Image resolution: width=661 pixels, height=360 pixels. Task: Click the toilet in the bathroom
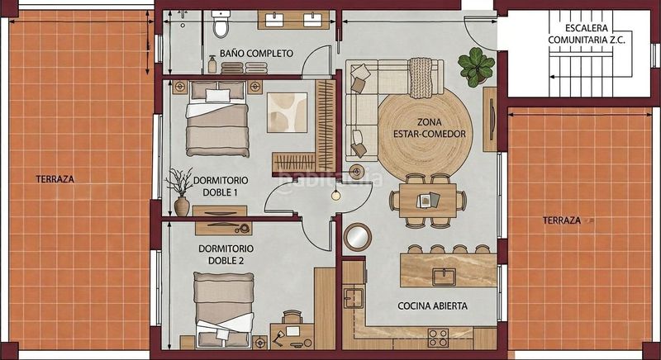[x=221, y=24]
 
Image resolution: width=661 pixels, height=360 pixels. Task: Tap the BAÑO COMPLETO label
[x=256, y=54]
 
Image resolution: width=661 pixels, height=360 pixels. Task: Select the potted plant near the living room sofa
[x=476, y=67]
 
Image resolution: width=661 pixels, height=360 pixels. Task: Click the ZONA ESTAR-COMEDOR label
[x=430, y=128]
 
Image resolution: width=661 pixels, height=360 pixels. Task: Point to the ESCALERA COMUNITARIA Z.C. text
[x=587, y=34]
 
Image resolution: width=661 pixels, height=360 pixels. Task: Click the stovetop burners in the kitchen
[x=438, y=338]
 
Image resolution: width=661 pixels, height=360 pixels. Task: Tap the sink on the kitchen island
[x=443, y=277]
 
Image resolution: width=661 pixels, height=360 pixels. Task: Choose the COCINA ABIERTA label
[x=432, y=306]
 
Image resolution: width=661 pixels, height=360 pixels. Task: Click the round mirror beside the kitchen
[x=358, y=237]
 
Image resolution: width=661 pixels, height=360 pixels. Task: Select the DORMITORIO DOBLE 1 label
[x=221, y=186]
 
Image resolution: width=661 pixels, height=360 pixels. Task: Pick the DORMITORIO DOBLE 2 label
[x=226, y=255]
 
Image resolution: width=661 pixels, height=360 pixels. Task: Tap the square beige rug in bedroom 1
[x=287, y=112]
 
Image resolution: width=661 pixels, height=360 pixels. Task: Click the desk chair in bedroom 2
[x=292, y=316]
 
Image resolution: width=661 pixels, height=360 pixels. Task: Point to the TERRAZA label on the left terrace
[x=55, y=179]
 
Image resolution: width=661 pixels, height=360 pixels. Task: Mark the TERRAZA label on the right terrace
[x=562, y=220]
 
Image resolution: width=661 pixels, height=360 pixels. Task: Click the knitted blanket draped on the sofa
[x=421, y=78]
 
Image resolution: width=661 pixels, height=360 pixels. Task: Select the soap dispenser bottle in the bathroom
[x=212, y=65]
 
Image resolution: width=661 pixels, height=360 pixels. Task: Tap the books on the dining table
[x=428, y=201]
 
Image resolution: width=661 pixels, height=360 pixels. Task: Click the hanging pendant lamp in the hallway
[x=336, y=195]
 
